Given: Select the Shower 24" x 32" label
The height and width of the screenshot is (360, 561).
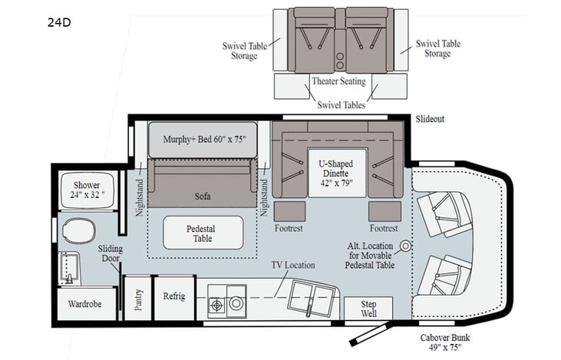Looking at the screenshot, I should tap(87, 190).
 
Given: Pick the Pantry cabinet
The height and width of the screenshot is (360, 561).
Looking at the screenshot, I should tap(138, 297).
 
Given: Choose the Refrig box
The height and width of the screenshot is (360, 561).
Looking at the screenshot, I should tap(173, 296).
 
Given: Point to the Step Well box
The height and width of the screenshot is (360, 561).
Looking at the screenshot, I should tap(367, 308).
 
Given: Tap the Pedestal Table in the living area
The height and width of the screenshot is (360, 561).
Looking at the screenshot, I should tap(203, 233).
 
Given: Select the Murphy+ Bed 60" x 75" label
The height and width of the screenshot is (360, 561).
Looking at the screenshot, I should tap(203, 140).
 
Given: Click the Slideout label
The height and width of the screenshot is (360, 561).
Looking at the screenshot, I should tap(431, 120).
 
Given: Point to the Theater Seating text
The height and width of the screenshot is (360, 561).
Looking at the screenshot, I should tap(338, 81).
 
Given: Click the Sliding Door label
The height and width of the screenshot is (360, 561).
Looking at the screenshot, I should tap(111, 253).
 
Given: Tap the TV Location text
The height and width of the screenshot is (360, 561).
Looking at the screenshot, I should tap(292, 265).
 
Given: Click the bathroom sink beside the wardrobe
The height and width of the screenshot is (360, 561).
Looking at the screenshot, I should tap(68, 269).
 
